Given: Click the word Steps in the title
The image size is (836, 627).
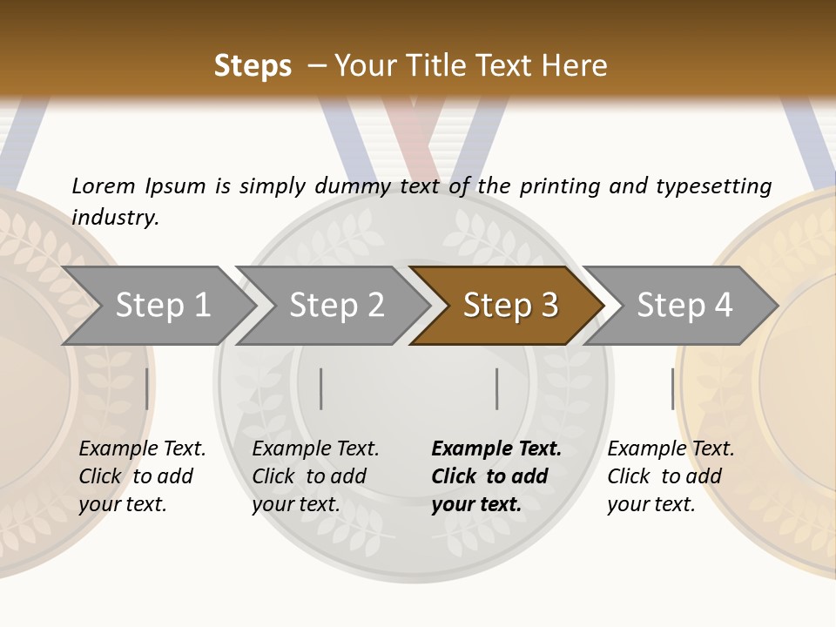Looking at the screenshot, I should [x=253, y=66].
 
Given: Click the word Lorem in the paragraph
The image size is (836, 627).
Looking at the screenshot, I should [x=104, y=185].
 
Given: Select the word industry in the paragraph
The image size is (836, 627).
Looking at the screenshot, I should [x=115, y=218].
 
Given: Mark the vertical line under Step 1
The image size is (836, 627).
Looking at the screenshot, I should [x=147, y=388].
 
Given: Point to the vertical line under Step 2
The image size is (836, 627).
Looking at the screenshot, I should [x=321, y=388].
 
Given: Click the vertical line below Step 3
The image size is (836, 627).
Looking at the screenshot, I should [x=497, y=388].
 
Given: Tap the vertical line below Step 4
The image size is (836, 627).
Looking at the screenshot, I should [x=673, y=388].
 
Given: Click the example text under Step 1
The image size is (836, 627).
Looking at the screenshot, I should [x=142, y=476].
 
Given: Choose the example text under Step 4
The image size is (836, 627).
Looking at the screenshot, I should [x=671, y=476].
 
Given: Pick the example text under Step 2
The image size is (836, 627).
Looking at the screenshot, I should [x=315, y=476].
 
